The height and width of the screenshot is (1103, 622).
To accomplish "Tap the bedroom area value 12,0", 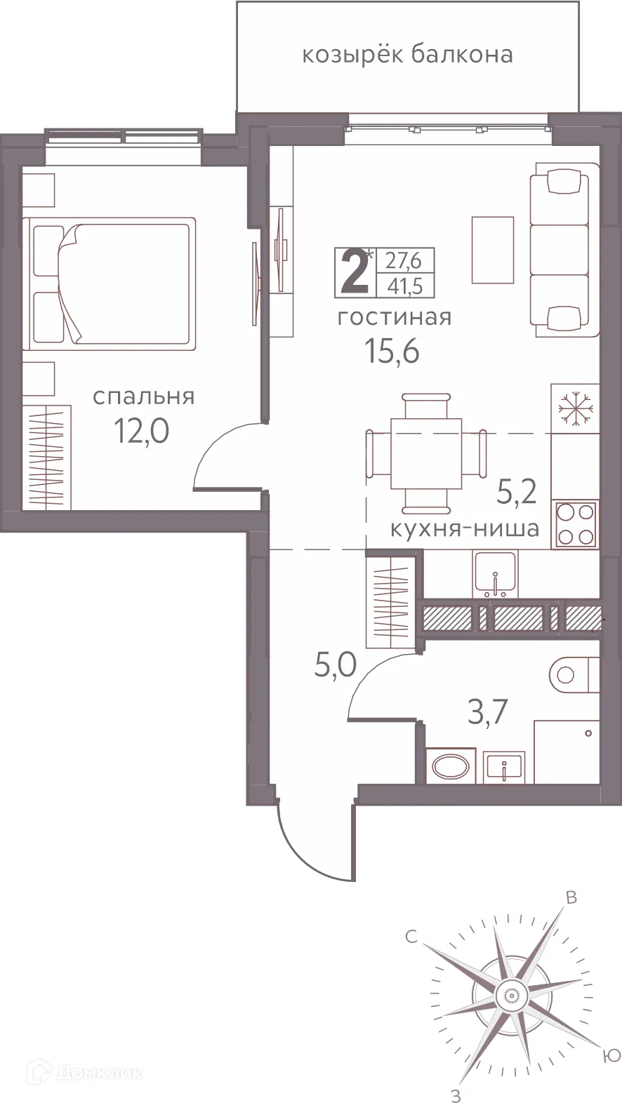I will [x=142, y=431].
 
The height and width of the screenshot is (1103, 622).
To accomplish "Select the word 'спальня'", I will [x=144, y=397].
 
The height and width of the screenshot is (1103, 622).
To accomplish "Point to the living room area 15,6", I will [x=392, y=351].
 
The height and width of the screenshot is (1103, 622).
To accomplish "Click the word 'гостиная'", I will [x=395, y=318].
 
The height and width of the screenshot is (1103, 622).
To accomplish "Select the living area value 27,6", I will [x=404, y=261].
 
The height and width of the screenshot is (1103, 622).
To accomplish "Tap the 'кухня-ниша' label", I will [x=465, y=528].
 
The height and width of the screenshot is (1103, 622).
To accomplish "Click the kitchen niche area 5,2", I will [x=517, y=493].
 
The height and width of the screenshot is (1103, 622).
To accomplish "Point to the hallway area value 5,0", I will [x=335, y=664].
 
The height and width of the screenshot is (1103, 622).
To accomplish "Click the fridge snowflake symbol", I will [x=575, y=407].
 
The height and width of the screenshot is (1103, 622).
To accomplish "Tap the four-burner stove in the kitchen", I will [x=576, y=524].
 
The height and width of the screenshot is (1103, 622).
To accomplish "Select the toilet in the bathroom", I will [x=570, y=675].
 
